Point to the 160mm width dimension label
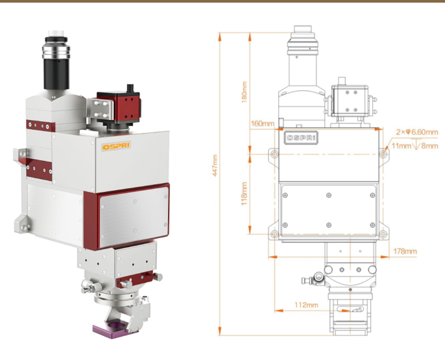(x=262, y=123)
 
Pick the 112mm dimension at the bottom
(x=306, y=304)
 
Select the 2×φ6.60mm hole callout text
(x=417, y=132)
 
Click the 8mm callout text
(x=430, y=146)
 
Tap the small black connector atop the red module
(x=130, y=87)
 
